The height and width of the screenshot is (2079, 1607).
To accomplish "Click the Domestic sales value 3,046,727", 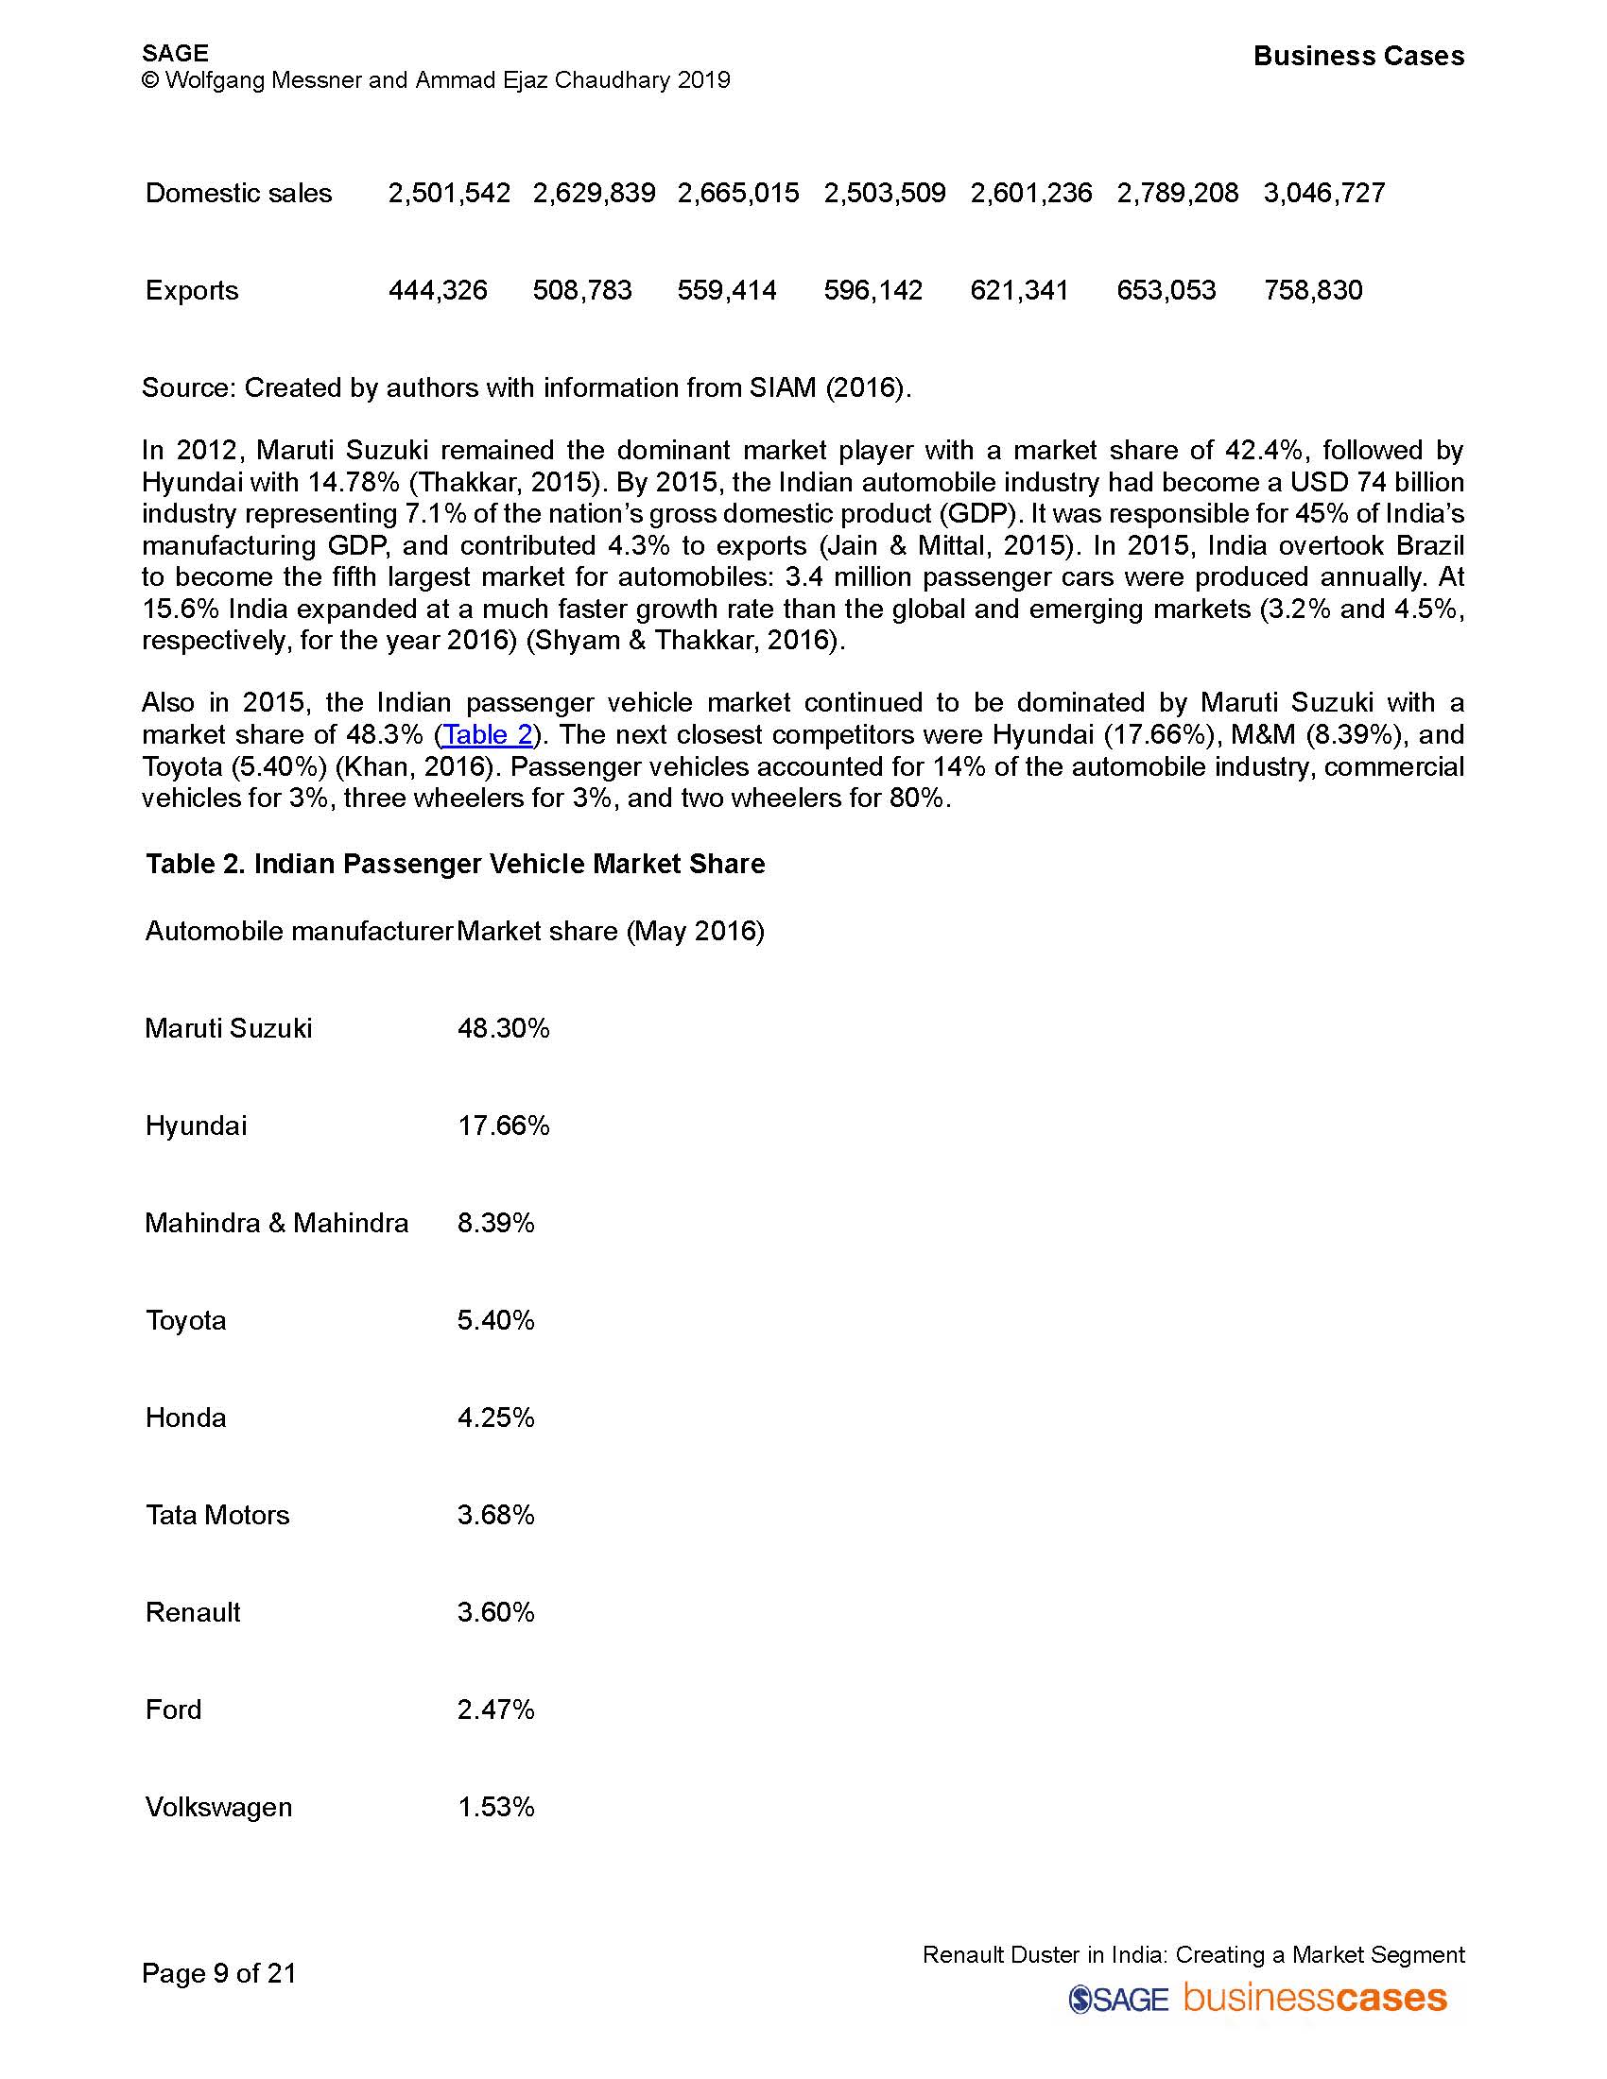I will tap(1323, 193).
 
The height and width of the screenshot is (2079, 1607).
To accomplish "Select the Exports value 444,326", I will tap(437, 290).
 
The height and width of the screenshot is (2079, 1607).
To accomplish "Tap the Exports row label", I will tap(191, 290).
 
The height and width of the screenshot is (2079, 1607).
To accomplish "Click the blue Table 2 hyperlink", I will tap(488, 735).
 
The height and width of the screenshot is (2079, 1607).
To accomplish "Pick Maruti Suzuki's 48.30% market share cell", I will tap(503, 1028).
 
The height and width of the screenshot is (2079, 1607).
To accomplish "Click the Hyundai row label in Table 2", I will tap(195, 1126).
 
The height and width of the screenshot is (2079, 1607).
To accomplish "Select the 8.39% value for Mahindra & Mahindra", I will tap(495, 1223).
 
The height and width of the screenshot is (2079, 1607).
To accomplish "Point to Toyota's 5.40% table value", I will tap(495, 1320).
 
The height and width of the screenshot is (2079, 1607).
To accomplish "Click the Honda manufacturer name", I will tap(185, 1418).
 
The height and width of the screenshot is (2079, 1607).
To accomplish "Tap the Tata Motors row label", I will tap(217, 1516).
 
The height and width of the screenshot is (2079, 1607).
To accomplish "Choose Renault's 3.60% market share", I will tap(495, 1612).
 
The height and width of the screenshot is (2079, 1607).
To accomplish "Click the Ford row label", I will tap(173, 1710).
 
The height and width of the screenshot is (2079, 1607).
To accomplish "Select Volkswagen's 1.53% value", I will tap(495, 1808).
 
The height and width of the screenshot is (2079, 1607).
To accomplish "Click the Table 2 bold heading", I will tap(455, 865).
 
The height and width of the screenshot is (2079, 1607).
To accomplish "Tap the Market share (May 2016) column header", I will tap(611, 931).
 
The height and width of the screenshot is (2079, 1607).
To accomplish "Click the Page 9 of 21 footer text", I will tap(219, 1973).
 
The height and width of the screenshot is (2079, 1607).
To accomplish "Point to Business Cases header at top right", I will tap(1357, 56).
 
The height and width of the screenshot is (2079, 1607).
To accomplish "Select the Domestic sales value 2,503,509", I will tap(885, 193).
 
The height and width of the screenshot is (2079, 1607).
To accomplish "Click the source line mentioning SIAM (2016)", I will tap(526, 388).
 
